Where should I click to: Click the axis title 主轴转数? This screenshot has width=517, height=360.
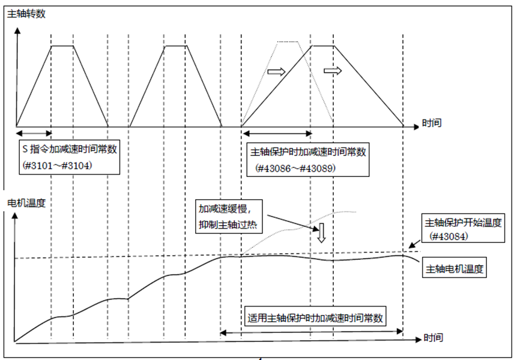click(26, 14)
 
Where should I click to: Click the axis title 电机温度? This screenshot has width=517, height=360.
click(26, 202)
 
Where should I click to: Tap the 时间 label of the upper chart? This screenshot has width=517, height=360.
click(432, 124)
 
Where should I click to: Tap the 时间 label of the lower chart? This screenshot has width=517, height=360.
click(434, 338)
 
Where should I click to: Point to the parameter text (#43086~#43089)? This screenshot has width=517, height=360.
click(295, 169)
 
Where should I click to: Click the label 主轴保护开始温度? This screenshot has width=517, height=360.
click(463, 223)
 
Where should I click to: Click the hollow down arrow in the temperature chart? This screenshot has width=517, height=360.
click(321, 232)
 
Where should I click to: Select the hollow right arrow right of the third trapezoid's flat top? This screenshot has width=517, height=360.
click(332, 71)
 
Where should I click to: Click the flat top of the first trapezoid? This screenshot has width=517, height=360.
click(62, 45)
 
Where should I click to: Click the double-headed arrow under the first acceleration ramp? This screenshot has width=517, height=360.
click(34, 133)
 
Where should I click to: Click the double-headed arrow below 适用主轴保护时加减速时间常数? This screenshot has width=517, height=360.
click(312, 331)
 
